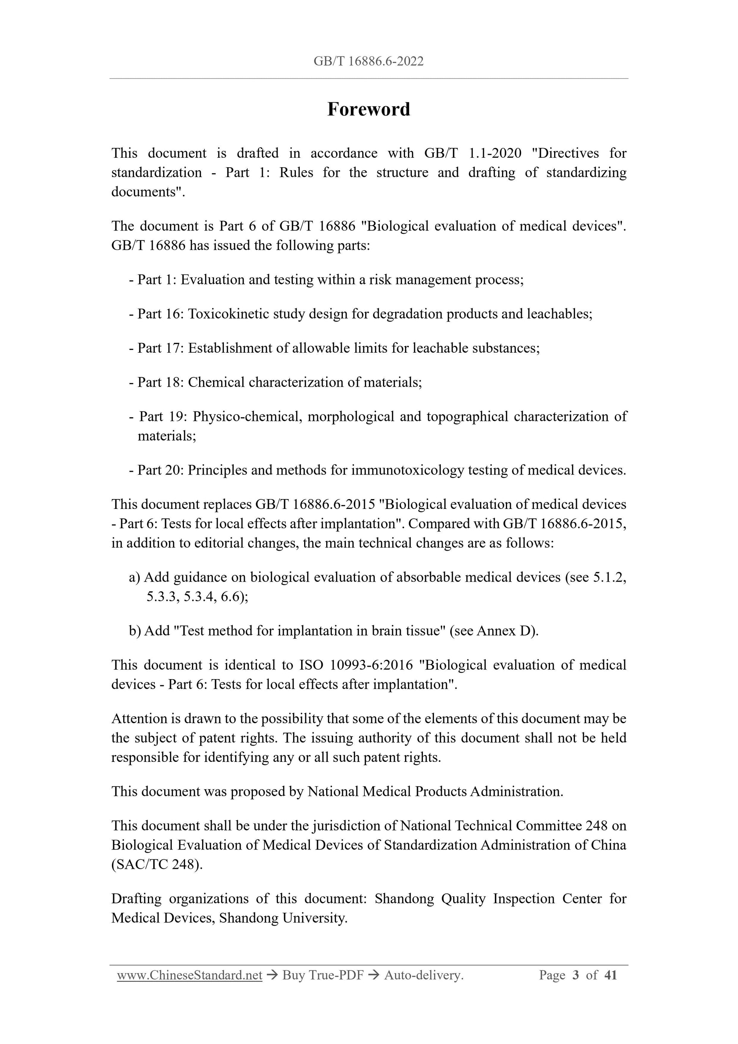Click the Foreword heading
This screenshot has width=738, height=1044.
tap(368, 110)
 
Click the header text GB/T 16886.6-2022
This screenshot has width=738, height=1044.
tap(368, 61)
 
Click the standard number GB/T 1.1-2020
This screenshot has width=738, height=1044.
tap(473, 153)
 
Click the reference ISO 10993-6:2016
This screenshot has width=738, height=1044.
tap(356, 665)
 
